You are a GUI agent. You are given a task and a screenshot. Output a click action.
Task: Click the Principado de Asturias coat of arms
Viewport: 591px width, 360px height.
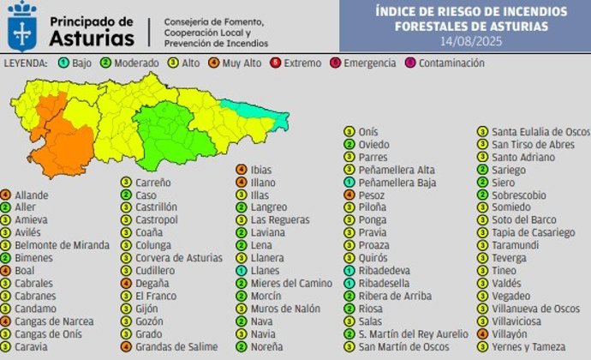21,26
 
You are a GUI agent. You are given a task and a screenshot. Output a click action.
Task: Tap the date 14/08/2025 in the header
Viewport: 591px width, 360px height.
470,40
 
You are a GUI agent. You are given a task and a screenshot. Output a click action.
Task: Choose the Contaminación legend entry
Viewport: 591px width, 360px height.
446,63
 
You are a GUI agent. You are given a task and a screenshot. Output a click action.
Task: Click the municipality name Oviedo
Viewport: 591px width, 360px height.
373,145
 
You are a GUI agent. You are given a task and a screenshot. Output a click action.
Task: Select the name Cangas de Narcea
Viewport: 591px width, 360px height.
48,321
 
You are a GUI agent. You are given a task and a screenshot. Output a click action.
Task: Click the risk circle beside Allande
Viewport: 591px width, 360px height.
6,195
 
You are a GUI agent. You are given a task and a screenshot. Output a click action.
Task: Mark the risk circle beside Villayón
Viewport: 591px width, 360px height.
483,334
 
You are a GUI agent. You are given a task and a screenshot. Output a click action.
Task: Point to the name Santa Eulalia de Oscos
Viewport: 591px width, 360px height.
540,132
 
